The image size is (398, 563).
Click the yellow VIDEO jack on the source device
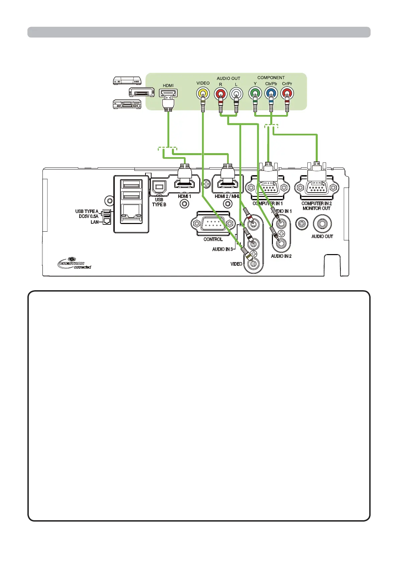click(x=203, y=93)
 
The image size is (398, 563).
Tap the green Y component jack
click(x=255, y=93)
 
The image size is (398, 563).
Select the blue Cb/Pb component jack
click(x=271, y=93)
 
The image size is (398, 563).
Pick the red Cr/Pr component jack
click(x=287, y=93)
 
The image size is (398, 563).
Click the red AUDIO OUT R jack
click(x=220, y=93)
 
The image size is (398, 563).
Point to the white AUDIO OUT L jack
click(x=236, y=93)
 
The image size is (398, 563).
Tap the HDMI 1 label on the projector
click(x=184, y=196)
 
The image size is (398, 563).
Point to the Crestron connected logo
click(x=74, y=264)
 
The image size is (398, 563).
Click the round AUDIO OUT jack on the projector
click(x=322, y=223)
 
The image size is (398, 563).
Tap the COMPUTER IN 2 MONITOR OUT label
click(x=316, y=206)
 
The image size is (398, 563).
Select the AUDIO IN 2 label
click(x=281, y=256)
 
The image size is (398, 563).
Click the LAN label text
click(x=95, y=222)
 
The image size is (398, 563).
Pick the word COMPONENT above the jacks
click(x=271, y=78)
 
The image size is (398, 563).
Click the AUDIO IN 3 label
click(x=222, y=249)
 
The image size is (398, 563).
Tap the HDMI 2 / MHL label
click(x=227, y=196)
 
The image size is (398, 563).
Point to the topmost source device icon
click(x=127, y=80)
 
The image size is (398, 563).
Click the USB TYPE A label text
click(x=87, y=211)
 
